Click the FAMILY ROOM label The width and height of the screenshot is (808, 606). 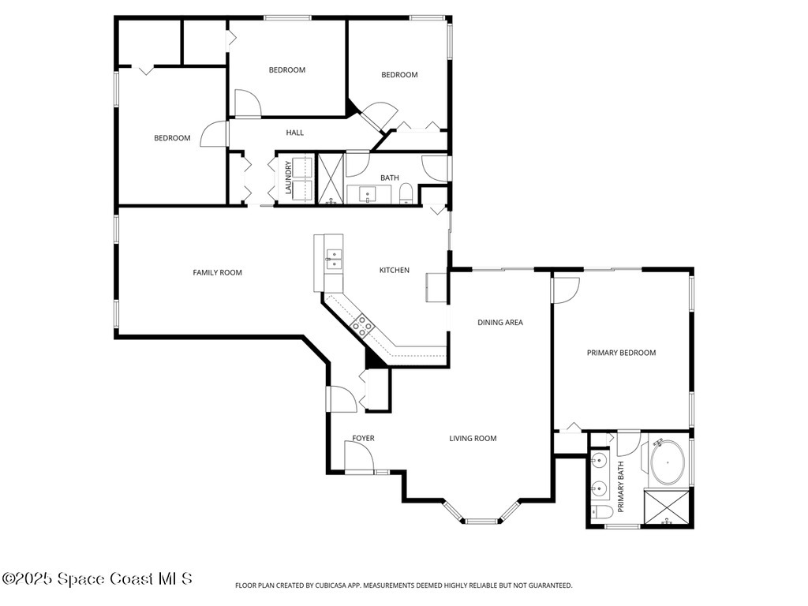217,273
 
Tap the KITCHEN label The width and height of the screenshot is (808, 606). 394,271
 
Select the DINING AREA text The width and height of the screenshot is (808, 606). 500,323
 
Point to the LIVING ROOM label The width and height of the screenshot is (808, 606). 473,439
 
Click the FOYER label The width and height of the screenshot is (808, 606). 363,439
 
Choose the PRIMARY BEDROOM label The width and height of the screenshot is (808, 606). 621,353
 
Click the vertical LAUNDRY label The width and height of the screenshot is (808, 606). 289,178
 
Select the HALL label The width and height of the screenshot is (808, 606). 295,133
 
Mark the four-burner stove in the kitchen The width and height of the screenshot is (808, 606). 362,324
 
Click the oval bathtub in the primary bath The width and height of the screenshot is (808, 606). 667,464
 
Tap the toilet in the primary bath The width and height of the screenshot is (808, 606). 602,514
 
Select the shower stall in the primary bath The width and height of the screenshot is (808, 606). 667,508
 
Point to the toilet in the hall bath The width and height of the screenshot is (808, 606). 406,194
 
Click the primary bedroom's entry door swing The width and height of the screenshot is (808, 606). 566,290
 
